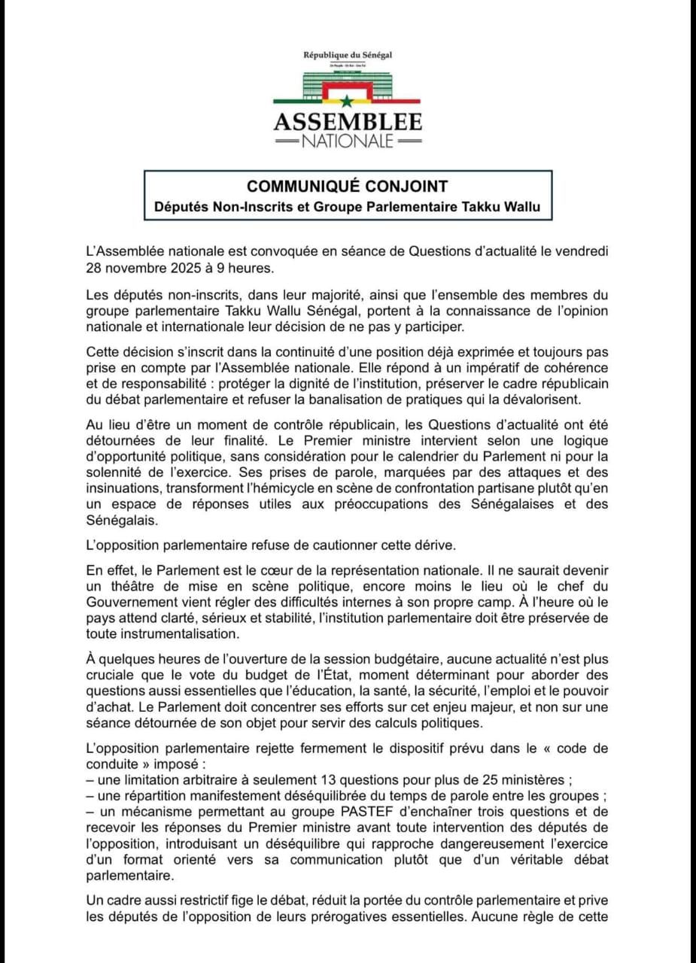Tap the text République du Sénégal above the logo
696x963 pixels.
pyautogui.click(x=348, y=56)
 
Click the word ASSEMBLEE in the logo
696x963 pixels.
pyautogui.click(x=348, y=123)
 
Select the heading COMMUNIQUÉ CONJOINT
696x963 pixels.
pyautogui.click(x=348, y=186)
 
